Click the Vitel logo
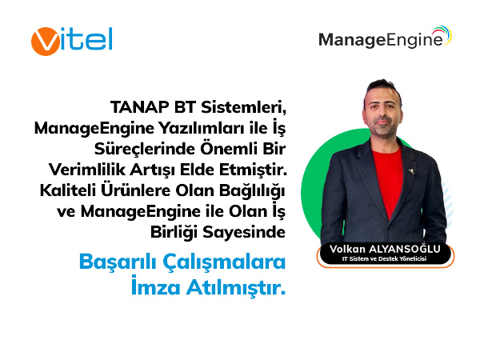click(72, 41)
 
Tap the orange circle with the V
click(46, 42)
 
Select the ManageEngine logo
click(385, 38)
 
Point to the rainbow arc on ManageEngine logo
click(443, 34)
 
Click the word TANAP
click(140, 107)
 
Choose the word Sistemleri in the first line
click(243, 107)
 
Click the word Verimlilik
click(87, 170)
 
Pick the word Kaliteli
click(67, 190)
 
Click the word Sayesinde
click(244, 232)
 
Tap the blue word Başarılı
click(118, 262)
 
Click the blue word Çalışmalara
click(224, 262)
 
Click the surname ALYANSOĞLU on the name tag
click(404, 249)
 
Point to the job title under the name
click(384, 259)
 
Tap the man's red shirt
click(387, 181)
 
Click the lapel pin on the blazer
click(411, 170)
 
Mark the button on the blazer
click(390, 227)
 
